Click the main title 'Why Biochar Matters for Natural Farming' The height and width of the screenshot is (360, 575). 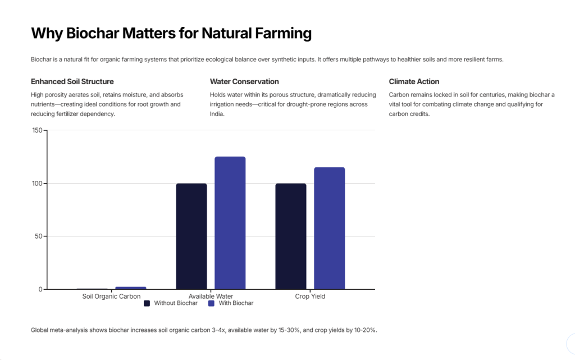click(x=171, y=34)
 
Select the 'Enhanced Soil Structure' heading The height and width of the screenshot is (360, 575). click(x=72, y=81)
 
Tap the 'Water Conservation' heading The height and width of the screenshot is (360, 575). click(x=244, y=81)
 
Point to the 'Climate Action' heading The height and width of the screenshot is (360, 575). click(x=414, y=81)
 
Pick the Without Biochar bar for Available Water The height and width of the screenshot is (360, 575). click(x=191, y=236)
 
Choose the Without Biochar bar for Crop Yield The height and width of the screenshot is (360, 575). click(x=291, y=236)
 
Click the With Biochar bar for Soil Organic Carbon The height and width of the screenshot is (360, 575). click(x=131, y=288)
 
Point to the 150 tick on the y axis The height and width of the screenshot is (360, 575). click(x=37, y=130)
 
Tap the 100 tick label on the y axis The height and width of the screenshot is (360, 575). click(x=37, y=184)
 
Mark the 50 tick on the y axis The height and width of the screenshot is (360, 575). click(x=39, y=236)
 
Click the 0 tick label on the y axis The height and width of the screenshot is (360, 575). click(x=40, y=289)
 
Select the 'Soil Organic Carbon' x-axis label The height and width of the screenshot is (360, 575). click(x=111, y=296)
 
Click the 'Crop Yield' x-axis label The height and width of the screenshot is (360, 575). click(x=310, y=296)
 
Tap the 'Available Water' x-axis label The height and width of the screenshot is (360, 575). click(x=211, y=296)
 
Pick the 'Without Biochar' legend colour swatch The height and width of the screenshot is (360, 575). click(x=147, y=303)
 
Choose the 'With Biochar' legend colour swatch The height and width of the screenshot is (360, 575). click(x=212, y=303)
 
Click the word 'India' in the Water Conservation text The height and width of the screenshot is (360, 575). click(x=217, y=113)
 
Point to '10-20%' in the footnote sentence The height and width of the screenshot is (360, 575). click(x=364, y=330)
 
